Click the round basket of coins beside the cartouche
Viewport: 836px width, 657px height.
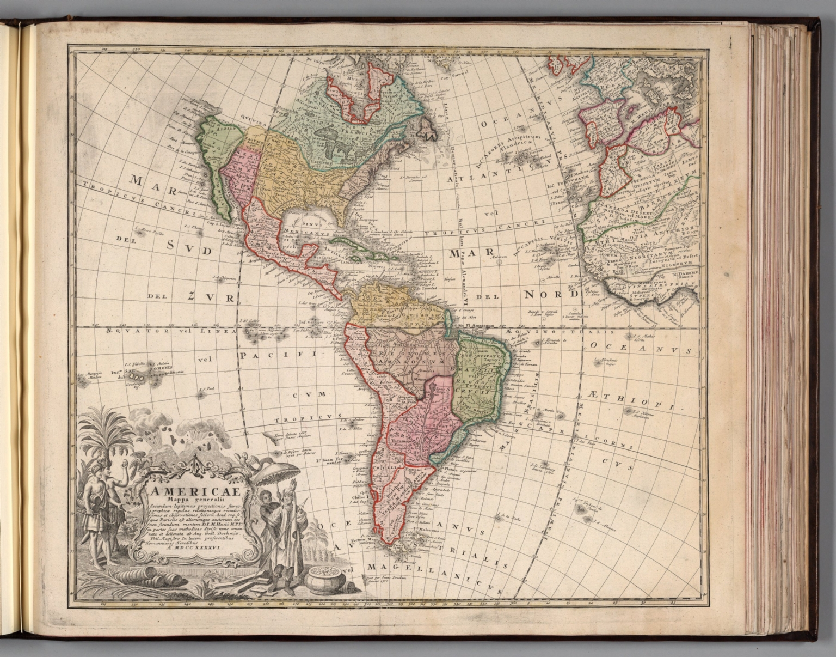click(325, 583)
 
